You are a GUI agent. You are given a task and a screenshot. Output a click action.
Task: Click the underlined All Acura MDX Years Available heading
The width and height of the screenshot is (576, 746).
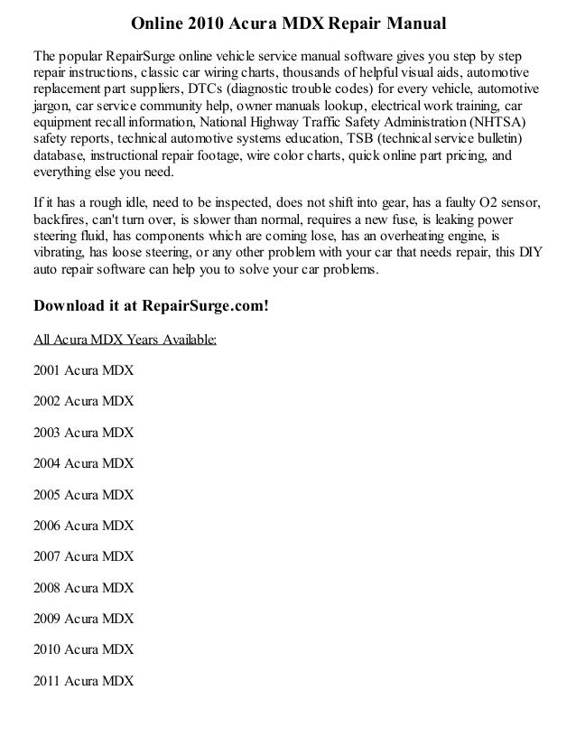[x=124, y=340]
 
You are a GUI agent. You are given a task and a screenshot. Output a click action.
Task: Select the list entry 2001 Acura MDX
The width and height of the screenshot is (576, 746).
[x=83, y=371]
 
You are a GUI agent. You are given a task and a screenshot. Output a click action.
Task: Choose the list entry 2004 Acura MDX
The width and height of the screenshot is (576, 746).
[x=83, y=464]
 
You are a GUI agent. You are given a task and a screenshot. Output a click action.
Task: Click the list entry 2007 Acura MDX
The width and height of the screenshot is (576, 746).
[x=83, y=557]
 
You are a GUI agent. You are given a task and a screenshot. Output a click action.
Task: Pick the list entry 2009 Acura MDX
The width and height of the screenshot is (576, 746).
[x=83, y=620]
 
